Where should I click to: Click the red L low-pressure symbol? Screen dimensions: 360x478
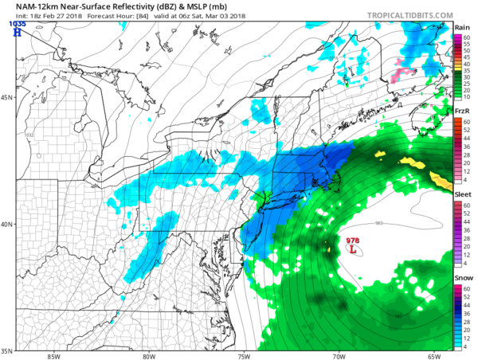[353, 249]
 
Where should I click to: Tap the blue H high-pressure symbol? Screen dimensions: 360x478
[17, 33]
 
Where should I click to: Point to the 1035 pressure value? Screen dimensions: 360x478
[16, 24]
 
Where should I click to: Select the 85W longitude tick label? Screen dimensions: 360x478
[53, 356]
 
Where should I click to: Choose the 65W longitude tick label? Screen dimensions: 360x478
[434, 356]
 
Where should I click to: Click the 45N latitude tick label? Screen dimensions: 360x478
[6, 97]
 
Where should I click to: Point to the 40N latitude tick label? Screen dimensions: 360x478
[6, 224]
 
